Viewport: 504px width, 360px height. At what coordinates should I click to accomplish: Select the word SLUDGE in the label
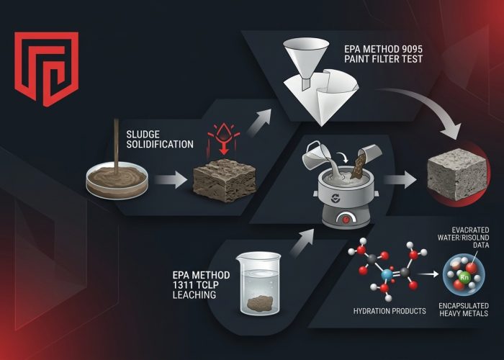coord(143,135)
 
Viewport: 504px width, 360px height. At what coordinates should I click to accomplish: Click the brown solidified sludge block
coord(225,180)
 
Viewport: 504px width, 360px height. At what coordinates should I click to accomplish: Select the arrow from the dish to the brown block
coord(171,180)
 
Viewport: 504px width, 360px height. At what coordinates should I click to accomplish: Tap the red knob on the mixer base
coord(346,220)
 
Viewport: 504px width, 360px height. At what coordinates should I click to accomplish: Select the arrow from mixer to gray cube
coord(400,180)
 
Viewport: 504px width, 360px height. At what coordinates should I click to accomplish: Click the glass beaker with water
coord(258,283)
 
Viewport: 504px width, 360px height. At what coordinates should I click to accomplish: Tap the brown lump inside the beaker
coord(260,303)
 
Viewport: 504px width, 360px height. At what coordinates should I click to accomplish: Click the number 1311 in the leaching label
coord(182,285)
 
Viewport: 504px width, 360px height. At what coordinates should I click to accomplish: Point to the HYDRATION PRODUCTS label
coord(390,311)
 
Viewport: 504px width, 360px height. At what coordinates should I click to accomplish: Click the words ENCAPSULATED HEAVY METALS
coord(464,310)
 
